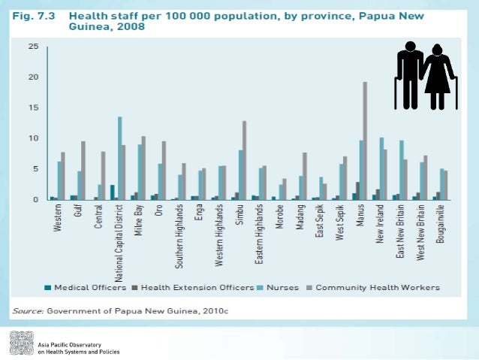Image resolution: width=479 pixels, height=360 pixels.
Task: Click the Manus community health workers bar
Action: (x=366, y=141)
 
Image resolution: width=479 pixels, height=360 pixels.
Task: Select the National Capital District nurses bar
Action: (x=119, y=159)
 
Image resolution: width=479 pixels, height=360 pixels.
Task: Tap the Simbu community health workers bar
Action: (x=244, y=161)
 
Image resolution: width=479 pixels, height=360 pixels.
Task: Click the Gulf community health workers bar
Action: (x=83, y=171)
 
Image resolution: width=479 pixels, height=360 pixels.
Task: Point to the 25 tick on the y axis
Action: (x=34, y=47)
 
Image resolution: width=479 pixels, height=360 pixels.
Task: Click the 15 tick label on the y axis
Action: (x=34, y=108)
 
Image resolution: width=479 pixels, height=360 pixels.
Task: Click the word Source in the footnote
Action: (x=25, y=310)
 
